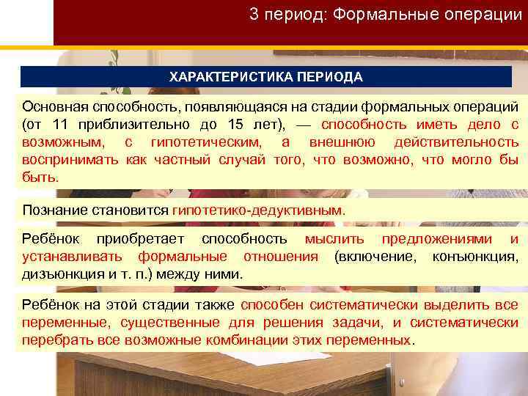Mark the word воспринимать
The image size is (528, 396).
pos(70,159)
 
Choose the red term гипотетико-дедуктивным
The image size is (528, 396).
pos(257,210)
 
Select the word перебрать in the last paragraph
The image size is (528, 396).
pos(55,340)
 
